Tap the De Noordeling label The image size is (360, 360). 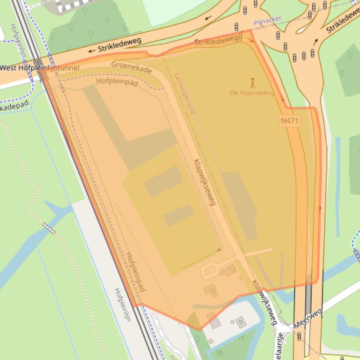coord(252,93)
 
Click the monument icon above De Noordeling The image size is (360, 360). coord(252,82)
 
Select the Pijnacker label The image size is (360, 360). coord(267,20)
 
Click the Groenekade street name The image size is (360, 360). coord(132,67)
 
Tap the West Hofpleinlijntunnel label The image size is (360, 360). coord(40,68)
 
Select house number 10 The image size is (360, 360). coord(212,291)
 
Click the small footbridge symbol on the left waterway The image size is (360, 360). coord(49,228)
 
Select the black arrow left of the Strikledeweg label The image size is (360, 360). coord(91,50)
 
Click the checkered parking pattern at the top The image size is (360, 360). coord(70,6)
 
